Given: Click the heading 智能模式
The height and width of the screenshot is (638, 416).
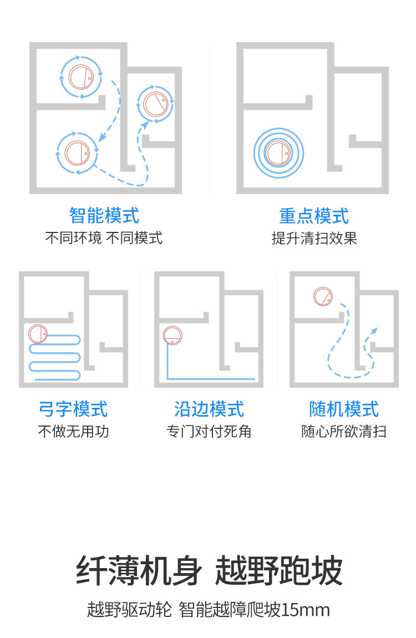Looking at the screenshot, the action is click(x=104, y=215).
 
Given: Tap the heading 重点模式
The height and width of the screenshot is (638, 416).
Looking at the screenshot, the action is click(x=314, y=215).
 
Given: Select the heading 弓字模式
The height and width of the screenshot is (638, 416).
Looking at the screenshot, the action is click(x=73, y=409).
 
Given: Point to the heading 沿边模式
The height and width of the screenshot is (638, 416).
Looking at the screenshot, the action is click(x=209, y=409).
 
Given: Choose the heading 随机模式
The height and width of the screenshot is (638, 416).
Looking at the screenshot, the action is click(x=344, y=409).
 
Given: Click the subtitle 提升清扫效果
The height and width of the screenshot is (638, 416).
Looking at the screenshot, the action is click(x=314, y=239).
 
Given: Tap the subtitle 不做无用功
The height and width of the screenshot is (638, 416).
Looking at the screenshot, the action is click(x=73, y=432).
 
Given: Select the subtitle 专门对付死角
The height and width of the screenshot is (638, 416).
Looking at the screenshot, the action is click(x=209, y=432).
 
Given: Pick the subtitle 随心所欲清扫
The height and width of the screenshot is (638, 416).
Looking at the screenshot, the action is click(x=344, y=432).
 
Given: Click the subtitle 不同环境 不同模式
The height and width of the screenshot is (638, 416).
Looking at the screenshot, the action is click(x=104, y=239).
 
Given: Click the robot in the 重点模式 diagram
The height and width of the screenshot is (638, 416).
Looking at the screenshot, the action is click(x=278, y=153).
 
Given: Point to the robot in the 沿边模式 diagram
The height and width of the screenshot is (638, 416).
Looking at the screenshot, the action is click(x=173, y=335).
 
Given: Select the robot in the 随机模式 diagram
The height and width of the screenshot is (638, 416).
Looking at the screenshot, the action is click(x=323, y=297).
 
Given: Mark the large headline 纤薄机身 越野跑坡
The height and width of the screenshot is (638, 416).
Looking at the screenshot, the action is click(x=209, y=571).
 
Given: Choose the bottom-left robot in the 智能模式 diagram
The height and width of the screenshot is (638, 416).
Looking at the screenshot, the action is click(x=77, y=152).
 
